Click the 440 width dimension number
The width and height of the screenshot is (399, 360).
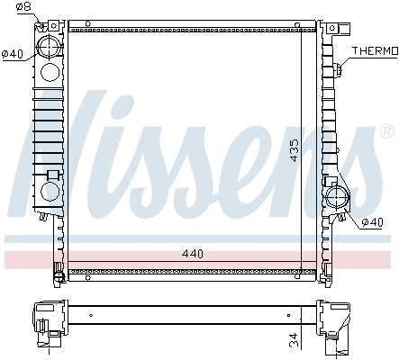193,254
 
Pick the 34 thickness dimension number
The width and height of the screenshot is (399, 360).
294,339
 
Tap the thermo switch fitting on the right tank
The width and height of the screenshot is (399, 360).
339,67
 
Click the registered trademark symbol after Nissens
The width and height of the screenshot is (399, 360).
386,132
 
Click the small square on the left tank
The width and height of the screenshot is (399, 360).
52,174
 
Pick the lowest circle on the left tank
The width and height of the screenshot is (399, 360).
50,192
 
